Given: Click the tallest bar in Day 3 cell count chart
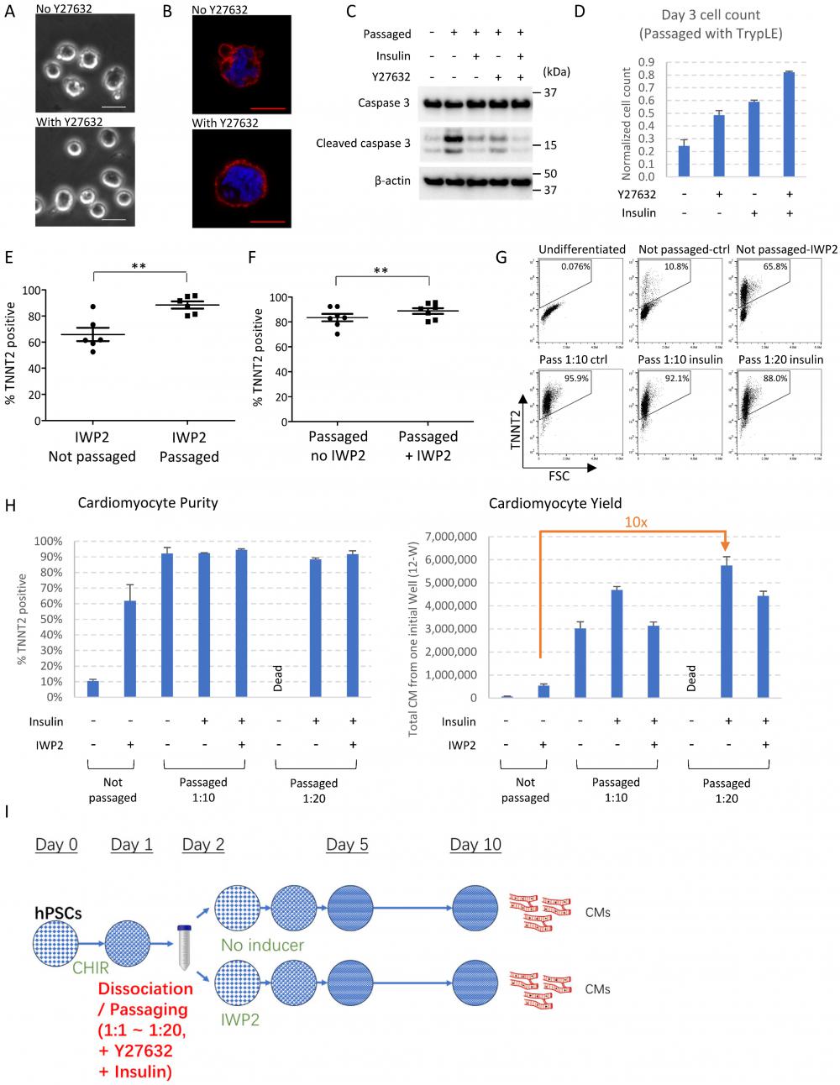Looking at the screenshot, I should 788,124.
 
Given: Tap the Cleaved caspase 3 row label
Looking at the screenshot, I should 363,144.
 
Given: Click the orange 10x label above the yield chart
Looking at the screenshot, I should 635,522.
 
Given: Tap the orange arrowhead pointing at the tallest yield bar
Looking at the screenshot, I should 725,546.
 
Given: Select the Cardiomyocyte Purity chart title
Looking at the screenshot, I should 148,503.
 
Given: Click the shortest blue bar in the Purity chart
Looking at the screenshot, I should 92,689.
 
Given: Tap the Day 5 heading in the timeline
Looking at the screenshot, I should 347,845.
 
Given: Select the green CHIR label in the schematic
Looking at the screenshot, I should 91,968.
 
